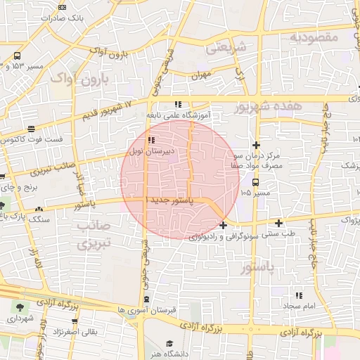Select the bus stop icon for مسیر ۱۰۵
pyautogui.click(x=255, y=182)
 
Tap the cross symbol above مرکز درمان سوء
pyautogui.click(x=257, y=143)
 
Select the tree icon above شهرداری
pyautogui.click(x=19, y=307)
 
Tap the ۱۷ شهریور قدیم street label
pyautogui.click(x=105, y=109)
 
